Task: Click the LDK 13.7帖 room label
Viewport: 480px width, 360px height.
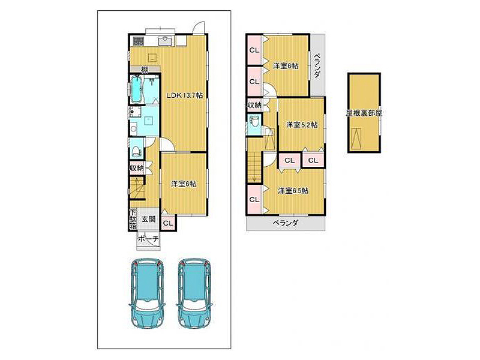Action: [185, 95]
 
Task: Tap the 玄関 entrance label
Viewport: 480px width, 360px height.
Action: [148, 219]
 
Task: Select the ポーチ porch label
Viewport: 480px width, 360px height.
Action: [148, 239]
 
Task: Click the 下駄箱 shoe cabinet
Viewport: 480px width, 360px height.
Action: [133, 219]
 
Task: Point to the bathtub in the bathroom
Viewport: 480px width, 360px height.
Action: [137, 89]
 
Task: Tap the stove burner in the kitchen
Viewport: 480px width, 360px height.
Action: [138, 41]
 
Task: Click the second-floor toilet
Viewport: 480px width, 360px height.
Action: [254, 123]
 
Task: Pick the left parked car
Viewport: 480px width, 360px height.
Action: [146, 293]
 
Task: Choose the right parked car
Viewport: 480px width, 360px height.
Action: [194, 293]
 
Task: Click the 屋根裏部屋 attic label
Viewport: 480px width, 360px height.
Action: [364, 113]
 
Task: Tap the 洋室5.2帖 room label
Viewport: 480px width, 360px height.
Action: [302, 125]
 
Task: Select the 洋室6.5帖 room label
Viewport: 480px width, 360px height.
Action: [293, 191]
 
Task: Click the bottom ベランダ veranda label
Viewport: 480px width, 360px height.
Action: [286, 223]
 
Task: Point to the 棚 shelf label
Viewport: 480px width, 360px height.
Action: [145, 70]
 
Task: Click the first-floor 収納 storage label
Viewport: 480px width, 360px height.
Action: [137, 168]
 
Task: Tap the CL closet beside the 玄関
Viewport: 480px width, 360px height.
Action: [168, 223]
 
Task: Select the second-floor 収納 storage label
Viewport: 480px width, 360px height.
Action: [254, 105]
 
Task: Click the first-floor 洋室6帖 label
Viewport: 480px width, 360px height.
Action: [184, 184]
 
